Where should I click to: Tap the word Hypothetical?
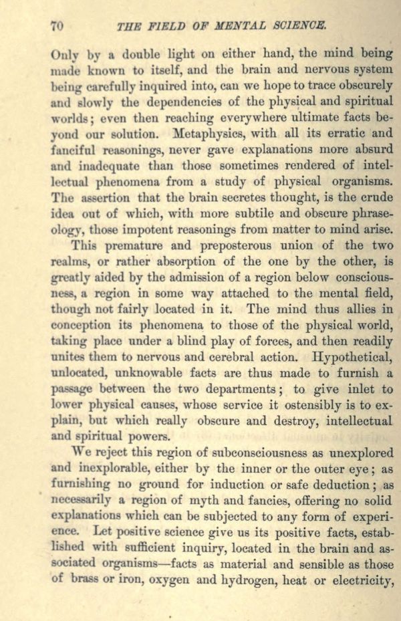(352, 358)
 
